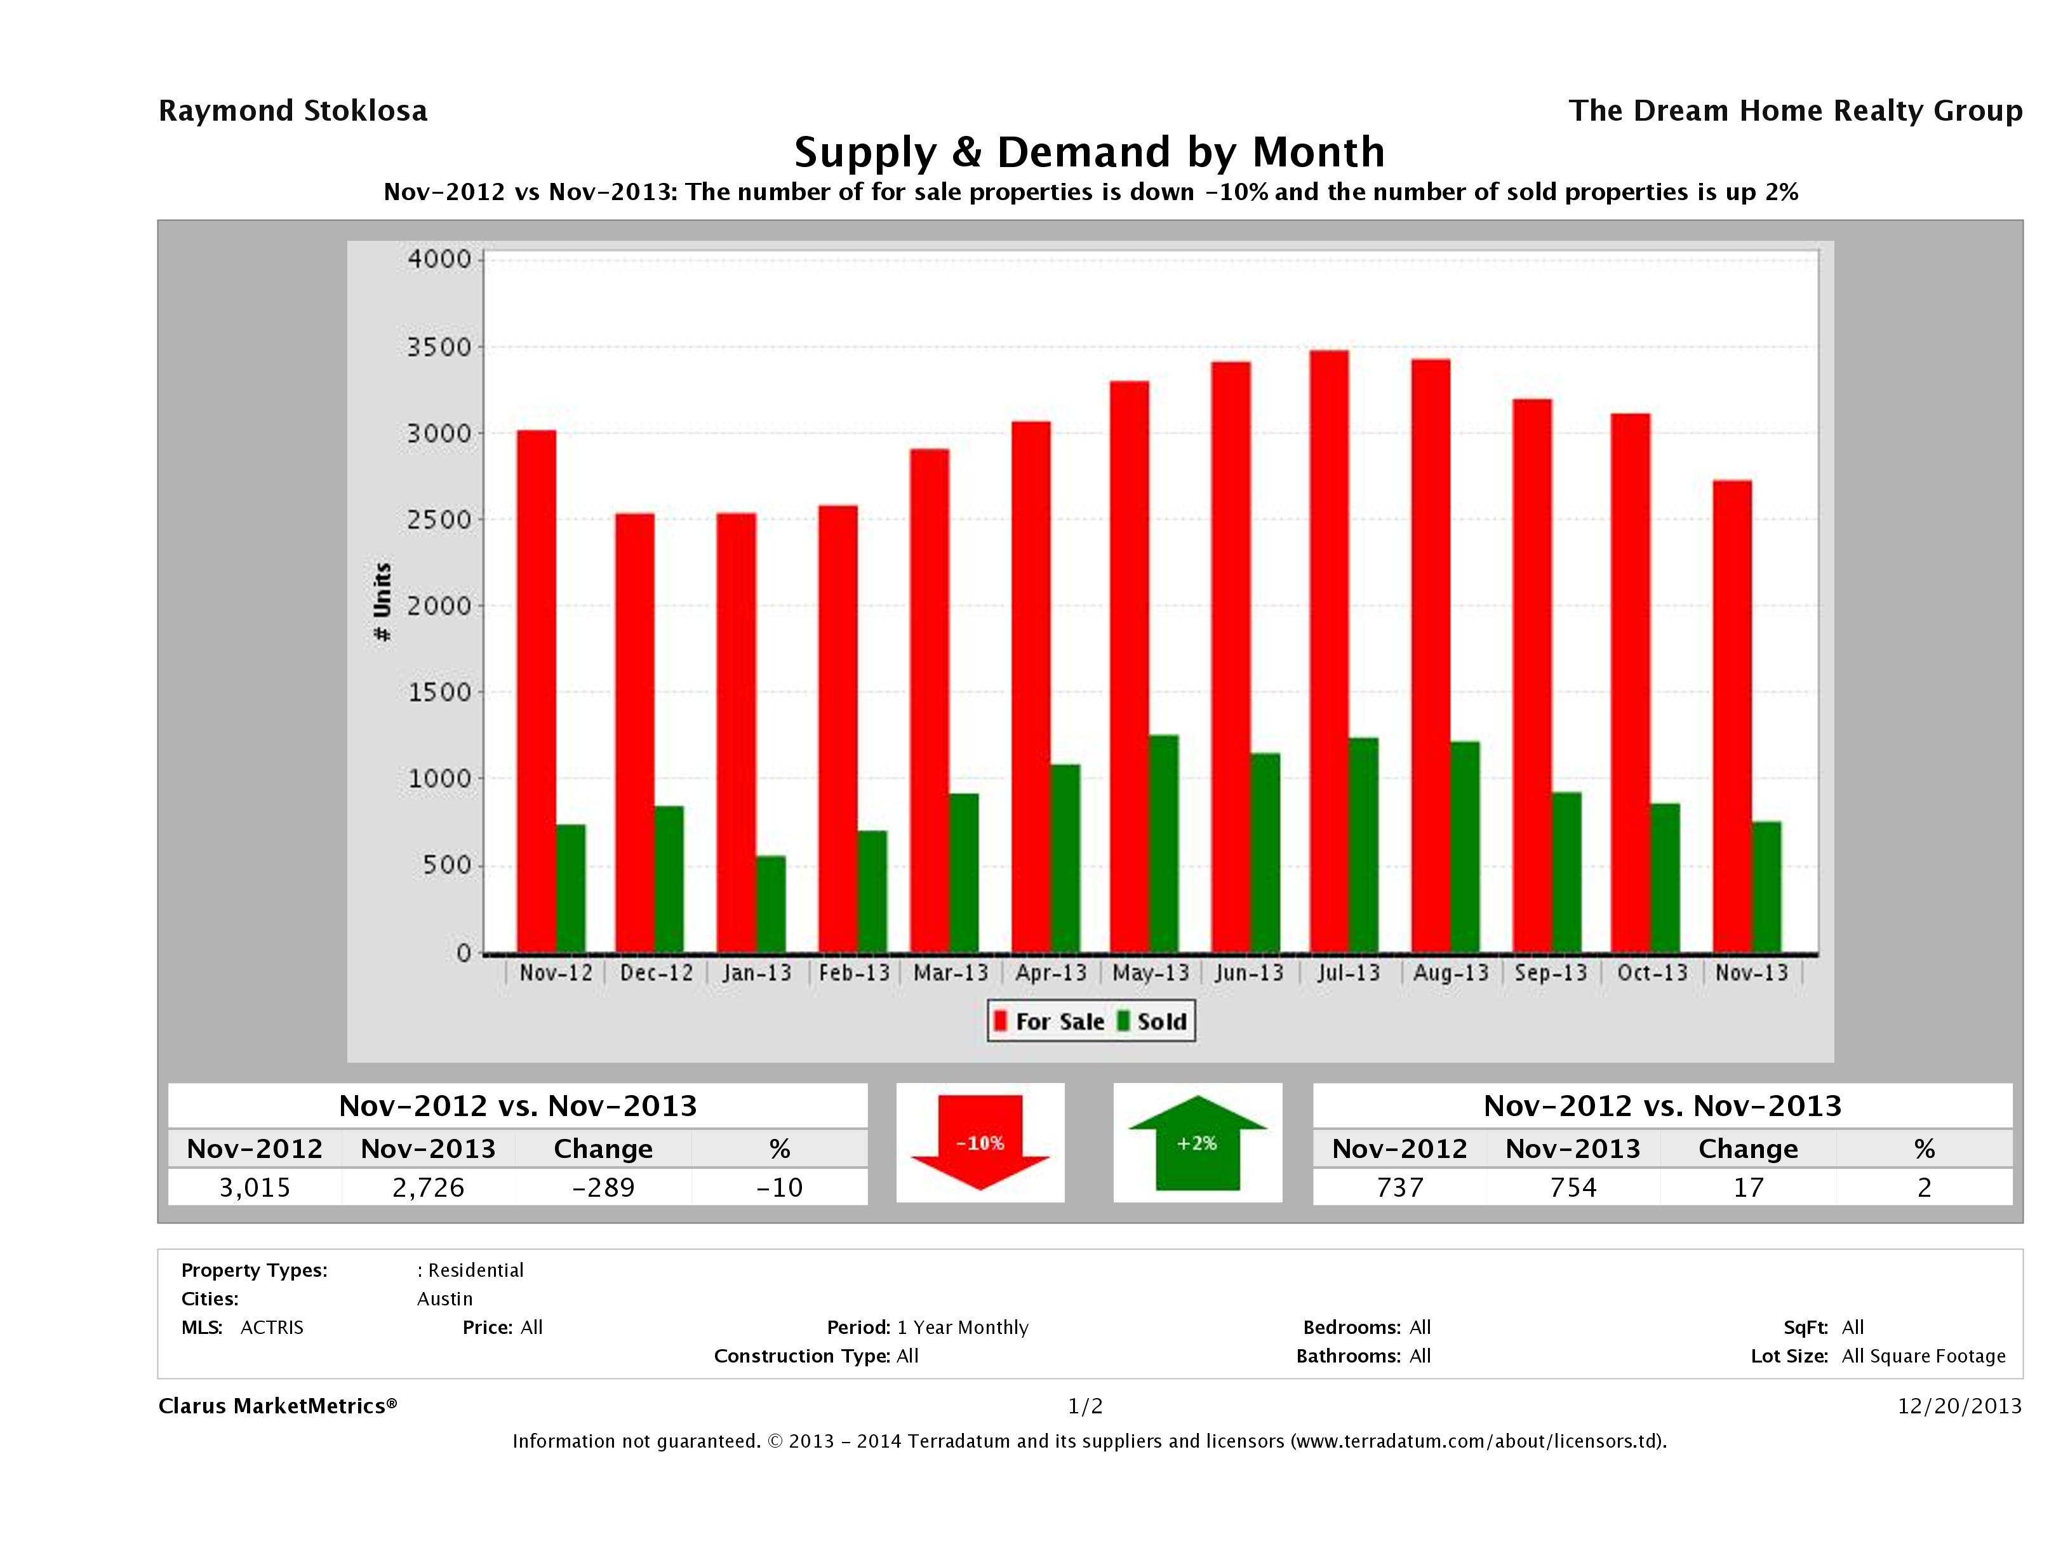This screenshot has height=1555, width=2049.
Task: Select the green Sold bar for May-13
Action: tap(1163, 844)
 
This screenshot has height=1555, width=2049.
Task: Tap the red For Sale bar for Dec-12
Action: tap(634, 732)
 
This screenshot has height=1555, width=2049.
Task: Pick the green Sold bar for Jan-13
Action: tap(771, 903)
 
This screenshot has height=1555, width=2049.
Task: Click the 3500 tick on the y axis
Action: tap(440, 347)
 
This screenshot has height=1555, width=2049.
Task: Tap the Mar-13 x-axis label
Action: tap(951, 973)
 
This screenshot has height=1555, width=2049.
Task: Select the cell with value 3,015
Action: tap(255, 1187)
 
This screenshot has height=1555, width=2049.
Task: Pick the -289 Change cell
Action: tap(603, 1187)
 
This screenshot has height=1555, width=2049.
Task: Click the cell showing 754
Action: tap(1573, 1187)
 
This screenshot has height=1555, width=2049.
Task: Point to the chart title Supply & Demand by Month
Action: tap(1090, 152)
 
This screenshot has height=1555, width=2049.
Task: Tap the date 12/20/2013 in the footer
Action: tap(1959, 1406)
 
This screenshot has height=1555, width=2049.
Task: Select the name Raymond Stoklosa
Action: tap(293, 111)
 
